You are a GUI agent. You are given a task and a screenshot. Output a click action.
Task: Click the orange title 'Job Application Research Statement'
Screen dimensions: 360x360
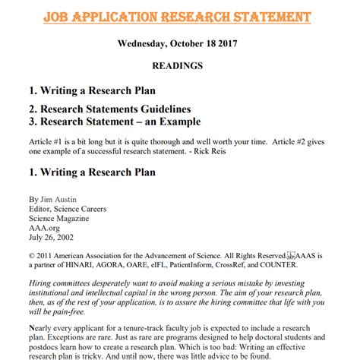tap(179, 16)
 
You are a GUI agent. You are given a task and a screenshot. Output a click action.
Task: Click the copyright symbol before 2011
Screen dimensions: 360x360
tap(31, 257)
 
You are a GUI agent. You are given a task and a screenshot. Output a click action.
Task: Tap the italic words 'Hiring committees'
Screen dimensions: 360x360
tap(65, 283)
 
